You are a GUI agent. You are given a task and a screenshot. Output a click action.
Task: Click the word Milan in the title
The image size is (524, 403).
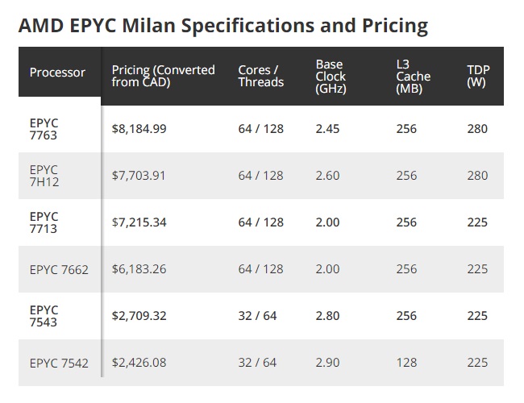(x=148, y=26)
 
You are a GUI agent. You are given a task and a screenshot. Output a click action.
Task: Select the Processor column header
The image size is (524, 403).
(x=57, y=73)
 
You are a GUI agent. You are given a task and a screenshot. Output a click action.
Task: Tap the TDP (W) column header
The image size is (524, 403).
(x=478, y=76)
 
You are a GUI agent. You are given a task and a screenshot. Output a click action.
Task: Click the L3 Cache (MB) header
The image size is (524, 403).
(x=413, y=77)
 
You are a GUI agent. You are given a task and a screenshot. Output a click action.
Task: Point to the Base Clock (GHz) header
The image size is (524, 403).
(x=331, y=77)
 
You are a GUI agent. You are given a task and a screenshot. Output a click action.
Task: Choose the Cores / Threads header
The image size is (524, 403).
(x=261, y=76)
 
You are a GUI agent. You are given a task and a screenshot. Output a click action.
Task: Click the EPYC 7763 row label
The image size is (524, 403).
(x=44, y=129)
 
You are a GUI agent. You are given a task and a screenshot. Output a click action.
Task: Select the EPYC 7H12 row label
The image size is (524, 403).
(x=44, y=176)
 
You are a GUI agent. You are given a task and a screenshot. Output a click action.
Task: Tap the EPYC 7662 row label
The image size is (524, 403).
(x=59, y=269)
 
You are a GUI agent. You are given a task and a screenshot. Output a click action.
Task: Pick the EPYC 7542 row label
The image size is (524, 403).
(x=59, y=363)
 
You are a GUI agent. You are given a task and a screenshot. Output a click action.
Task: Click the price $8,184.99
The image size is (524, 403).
(x=139, y=129)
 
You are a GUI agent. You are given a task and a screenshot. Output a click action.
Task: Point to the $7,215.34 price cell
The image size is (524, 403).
(x=139, y=222)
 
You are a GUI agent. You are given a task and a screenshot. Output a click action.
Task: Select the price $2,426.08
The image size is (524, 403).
(x=139, y=363)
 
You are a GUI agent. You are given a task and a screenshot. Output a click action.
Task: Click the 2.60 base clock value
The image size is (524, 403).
(x=327, y=176)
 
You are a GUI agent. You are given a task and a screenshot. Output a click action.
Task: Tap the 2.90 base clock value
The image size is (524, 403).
(x=327, y=363)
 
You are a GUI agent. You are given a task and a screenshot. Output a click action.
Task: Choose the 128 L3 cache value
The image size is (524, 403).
(x=406, y=363)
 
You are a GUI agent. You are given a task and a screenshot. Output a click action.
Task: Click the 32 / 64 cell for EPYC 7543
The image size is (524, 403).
(x=257, y=316)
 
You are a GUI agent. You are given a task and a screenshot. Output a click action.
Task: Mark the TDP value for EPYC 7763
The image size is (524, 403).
(x=477, y=129)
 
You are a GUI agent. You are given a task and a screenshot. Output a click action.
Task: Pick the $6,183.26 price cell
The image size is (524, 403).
(x=139, y=269)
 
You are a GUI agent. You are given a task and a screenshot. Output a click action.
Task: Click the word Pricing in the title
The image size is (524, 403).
(x=395, y=26)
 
